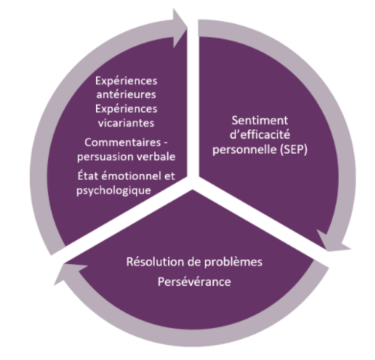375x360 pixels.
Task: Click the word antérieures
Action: pyautogui.click(x=126, y=94)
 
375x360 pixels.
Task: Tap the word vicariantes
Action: pyautogui.click(x=126, y=123)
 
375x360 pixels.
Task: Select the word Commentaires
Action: pyautogui.click(x=122, y=142)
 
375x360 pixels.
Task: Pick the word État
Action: pyautogui.click(x=87, y=175)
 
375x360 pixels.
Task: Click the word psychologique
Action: pyautogui.click(x=114, y=190)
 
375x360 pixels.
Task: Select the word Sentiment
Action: pyautogui.click(x=259, y=121)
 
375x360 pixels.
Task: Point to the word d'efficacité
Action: pyautogui.click(x=259, y=135)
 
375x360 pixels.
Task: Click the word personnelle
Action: pyautogui.click(x=244, y=150)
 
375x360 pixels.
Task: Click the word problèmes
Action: pyautogui.click(x=233, y=262)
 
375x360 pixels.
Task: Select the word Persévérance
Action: pyautogui.click(x=194, y=282)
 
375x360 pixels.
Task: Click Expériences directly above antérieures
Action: pyautogui.click(x=126, y=81)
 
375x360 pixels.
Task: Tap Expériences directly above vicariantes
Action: pyautogui.click(x=126, y=109)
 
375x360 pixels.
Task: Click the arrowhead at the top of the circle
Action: pyautogui.click(x=179, y=28)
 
